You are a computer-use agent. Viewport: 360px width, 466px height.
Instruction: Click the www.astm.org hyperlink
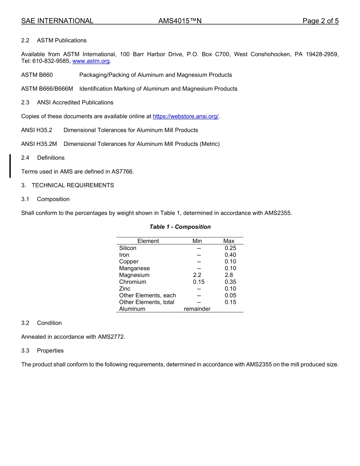tap(91, 61)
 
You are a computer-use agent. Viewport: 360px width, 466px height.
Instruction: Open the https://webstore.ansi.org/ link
tap(186, 116)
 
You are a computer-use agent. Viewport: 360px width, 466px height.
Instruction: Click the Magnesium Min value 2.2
tap(197, 275)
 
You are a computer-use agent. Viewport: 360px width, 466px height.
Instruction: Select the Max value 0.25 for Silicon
tap(230, 248)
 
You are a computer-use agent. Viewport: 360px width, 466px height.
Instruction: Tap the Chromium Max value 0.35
tap(230, 282)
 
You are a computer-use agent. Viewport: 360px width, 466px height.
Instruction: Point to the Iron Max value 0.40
tap(230, 255)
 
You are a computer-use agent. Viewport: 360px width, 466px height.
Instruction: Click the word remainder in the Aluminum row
tap(197, 309)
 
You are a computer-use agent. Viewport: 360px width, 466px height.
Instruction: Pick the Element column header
tap(148, 241)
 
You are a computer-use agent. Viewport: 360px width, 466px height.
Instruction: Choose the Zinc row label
tap(125, 289)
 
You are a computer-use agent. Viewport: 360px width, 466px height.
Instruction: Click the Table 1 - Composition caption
tap(180, 227)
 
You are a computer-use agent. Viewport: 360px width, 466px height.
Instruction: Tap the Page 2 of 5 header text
tap(320, 21)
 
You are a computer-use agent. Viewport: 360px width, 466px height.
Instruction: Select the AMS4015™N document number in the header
tap(180, 21)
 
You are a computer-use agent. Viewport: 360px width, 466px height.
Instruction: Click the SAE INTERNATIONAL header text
tap(57, 21)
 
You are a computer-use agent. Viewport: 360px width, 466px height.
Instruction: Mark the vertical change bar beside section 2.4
tap(10, 166)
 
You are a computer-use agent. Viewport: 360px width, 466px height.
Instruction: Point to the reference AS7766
tap(122, 172)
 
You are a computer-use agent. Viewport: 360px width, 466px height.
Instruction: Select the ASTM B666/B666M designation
tap(47, 89)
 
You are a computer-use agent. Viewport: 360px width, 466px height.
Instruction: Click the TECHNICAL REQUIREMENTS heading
tap(73, 185)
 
